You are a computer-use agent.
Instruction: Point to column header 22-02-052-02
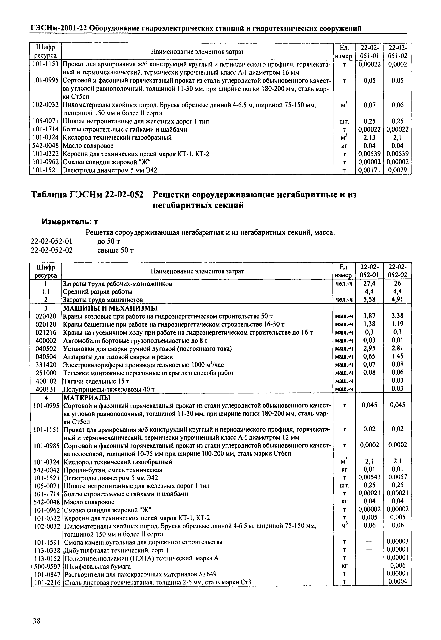pos(398,271)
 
